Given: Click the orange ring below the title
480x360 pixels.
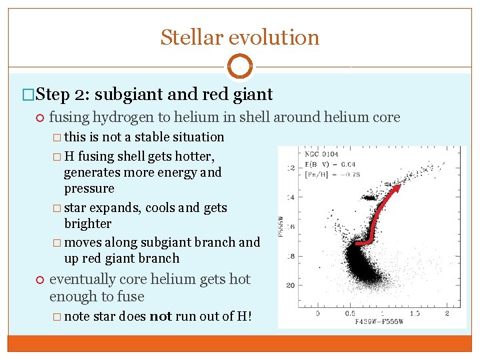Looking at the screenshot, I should pos(239,67).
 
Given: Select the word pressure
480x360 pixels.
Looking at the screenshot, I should pos(89,189).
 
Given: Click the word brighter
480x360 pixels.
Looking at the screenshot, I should pos(88,224).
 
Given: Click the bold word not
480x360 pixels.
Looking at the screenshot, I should pos(161,317).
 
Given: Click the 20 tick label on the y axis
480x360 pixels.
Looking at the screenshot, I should pos(290,285).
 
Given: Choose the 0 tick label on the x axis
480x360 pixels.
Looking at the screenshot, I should pos(317,313).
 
